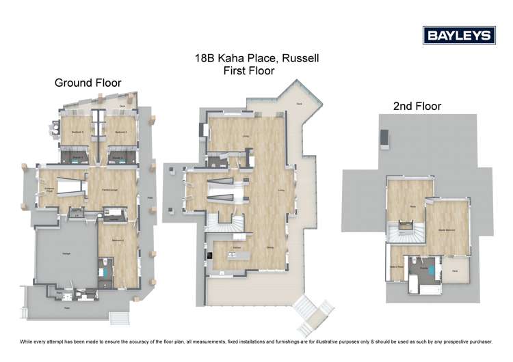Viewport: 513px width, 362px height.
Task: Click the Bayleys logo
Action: pos(458,35)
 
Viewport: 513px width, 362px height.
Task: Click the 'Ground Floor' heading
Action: pos(88,83)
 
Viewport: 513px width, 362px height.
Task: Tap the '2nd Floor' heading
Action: pos(417,106)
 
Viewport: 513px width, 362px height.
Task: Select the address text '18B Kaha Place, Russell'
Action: pos(256,59)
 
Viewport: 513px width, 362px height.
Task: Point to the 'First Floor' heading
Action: pos(248,70)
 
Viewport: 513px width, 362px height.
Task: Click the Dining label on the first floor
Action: pos(270,247)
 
